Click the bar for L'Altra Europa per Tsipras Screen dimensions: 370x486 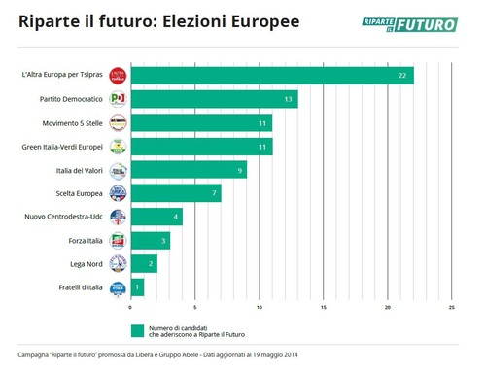pyautogui.click(x=271, y=76)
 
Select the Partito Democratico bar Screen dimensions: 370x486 pyautogui.click(x=213, y=99)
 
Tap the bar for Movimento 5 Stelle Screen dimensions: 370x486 pyautogui.click(x=200, y=123)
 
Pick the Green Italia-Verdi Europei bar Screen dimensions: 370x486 pyautogui.click(x=200, y=147)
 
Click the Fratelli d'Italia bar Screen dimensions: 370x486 pyautogui.click(x=136, y=287)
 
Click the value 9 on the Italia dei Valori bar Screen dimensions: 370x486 pyautogui.click(x=239, y=170)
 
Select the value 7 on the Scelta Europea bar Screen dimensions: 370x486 pyautogui.click(x=213, y=193)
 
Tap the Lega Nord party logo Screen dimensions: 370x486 pyautogui.click(x=118, y=264)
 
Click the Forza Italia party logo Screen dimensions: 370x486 pyautogui.click(x=118, y=241)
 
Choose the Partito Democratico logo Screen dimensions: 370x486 pyautogui.click(x=118, y=99)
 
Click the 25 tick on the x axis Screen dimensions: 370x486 pyautogui.click(x=451, y=309)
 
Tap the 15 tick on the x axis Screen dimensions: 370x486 pyautogui.click(x=323, y=309)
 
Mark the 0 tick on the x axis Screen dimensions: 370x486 pyautogui.click(x=130, y=309)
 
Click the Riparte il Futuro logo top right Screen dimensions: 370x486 pyautogui.click(x=422, y=23)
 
